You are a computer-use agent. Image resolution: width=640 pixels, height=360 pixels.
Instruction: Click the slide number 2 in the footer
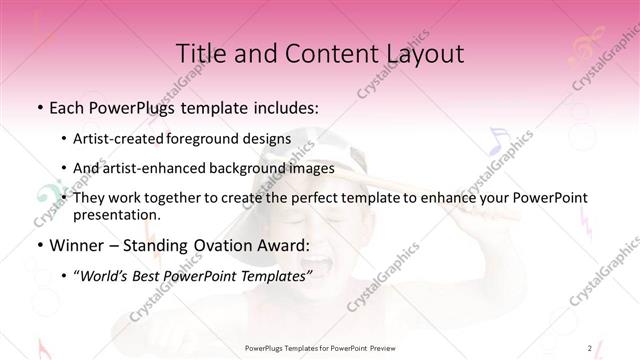click(x=590, y=347)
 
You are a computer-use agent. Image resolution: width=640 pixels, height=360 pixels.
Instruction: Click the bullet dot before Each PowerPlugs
click(x=39, y=107)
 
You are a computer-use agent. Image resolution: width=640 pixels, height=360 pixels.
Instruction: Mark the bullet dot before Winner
click(x=39, y=245)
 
